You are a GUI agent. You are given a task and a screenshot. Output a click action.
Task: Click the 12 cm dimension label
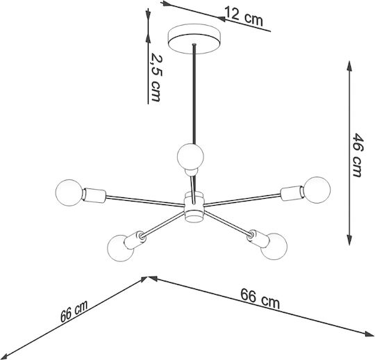pyautogui.click(x=244, y=16)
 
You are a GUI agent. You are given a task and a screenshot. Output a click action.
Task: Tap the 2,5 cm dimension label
pyautogui.click(x=156, y=77)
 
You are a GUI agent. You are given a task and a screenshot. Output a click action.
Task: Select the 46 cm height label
pyautogui.click(x=358, y=155)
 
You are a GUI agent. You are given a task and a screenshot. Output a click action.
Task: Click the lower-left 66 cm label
pyautogui.click(x=74, y=311)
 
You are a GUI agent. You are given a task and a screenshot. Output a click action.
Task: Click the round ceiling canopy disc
pyautogui.click(x=194, y=38)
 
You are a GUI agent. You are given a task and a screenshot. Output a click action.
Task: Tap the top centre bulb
pyautogui.click(x=190, y=156)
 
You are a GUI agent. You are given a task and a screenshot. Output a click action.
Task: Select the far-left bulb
pyautogui.click(x=69, y=193)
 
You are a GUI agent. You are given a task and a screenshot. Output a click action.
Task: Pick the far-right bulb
pyautogui.click(x=317, y=190)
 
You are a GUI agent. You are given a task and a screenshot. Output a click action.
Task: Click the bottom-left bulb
pyautogui.click(x=120, y=249)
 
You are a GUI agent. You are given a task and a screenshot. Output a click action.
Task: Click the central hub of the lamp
pyautogui.click(x=194, y=207)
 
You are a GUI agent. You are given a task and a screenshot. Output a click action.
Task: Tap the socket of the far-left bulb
pyautogui.click(x=94, y=195)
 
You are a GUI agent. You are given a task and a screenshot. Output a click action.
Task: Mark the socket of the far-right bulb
pyautogui.click(x=292, y=193)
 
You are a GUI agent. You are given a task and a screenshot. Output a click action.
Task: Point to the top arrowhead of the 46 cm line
pyautogui.click(x=349, y=66)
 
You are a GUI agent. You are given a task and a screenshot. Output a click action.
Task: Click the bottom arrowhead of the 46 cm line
pyautogui.click(x=349, y=240)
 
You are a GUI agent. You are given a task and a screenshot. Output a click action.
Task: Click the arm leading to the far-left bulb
pyautogui.click(x=145, y=201)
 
